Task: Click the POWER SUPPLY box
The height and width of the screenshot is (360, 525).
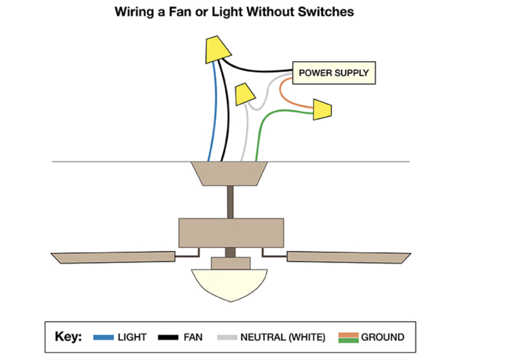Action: point(334,72)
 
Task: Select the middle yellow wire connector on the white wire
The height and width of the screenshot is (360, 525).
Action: point(244,94)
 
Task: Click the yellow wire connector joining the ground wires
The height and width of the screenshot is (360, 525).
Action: point(322,109)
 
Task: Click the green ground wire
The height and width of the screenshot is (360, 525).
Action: point(261,134)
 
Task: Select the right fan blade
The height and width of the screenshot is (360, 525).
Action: point(346,256)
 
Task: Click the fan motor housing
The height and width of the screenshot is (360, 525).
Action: point(231,232)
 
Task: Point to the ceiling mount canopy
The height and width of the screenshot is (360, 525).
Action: point(231,172)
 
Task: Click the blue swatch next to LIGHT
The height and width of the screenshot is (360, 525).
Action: point(103,337)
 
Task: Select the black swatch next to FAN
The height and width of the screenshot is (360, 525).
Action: point(168,337)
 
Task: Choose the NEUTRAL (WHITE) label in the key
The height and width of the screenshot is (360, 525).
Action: point(282,337)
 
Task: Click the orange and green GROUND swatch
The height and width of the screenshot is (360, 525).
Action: point(348,337)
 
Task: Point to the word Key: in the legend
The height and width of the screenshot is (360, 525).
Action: point(68,337)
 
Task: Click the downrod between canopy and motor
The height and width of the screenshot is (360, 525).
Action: point(231,201)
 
